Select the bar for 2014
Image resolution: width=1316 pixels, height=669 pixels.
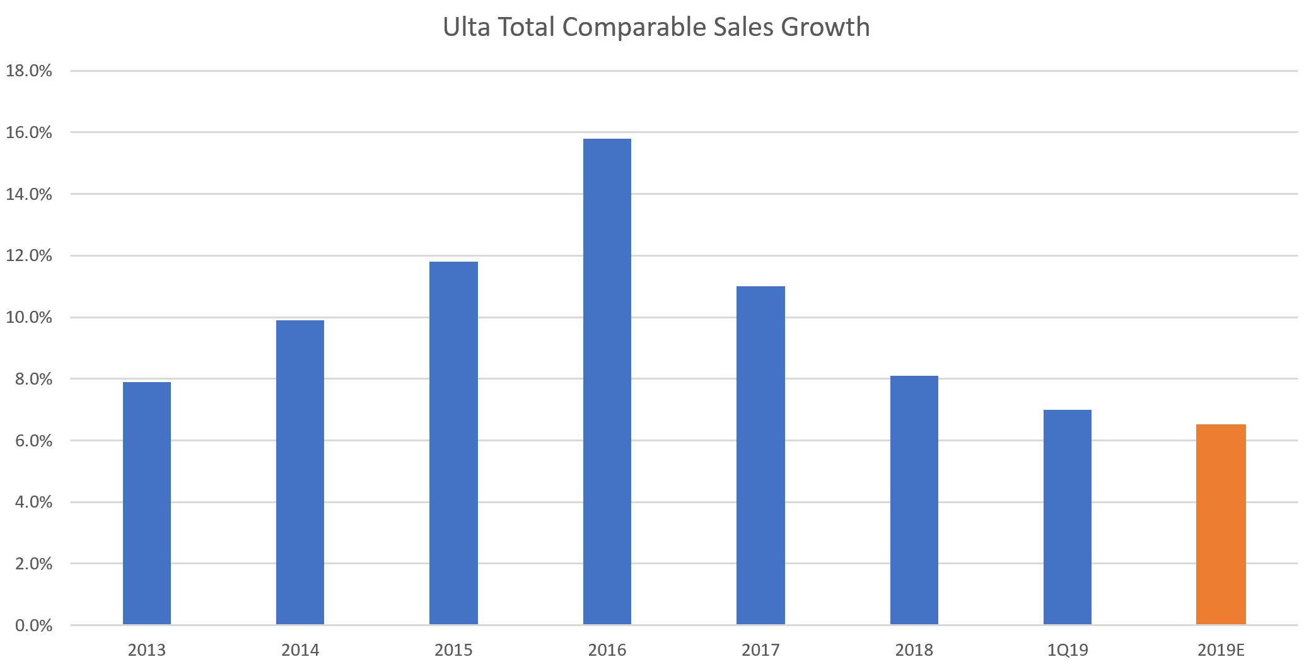point(300,472)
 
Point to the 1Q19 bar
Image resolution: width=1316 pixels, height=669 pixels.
point(1068,517)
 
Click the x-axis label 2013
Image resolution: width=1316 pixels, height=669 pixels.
point(147,650)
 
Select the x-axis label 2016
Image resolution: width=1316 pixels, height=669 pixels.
point(607,650)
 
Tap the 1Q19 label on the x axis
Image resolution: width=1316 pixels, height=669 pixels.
point(1068,650)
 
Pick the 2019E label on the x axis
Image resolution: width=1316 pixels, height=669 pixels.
point(1221,650)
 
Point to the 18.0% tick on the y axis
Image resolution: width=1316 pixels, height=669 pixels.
point(29,71)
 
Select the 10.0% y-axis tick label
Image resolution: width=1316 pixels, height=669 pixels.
point(29,317)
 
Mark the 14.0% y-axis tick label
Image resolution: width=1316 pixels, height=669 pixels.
point(29,194)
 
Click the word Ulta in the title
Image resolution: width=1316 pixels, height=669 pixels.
point(467,27)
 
